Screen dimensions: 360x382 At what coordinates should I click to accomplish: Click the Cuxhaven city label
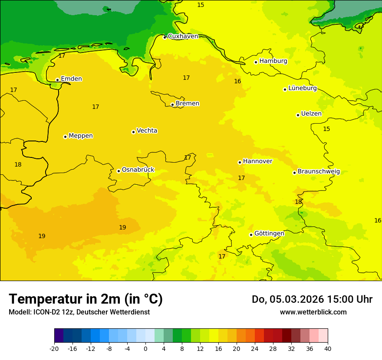click(183, 36)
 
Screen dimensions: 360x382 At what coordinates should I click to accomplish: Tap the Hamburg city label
click(273, 61)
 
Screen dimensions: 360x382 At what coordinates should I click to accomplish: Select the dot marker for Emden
click(57, 80)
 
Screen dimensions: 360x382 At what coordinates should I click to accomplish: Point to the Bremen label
click(188, 103)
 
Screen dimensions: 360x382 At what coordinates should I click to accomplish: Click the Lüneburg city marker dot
click(285, 89)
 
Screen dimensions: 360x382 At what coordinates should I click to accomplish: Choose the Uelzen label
click(311, 114)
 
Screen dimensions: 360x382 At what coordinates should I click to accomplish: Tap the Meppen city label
click(81, 136)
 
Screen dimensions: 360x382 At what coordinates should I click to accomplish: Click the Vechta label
click(147, 131)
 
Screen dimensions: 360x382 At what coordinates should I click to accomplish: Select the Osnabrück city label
click(138, 170)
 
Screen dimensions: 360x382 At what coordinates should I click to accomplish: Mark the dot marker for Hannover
click(240, 163)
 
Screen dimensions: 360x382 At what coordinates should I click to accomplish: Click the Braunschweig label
click(319, 171)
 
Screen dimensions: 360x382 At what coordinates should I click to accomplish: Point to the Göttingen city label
click(269, 233)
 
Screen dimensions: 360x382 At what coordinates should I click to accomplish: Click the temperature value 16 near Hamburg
click(237, 81)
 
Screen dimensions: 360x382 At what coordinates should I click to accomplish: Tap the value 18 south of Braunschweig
click(298, 202)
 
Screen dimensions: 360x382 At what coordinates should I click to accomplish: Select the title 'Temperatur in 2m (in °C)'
click(86, 299)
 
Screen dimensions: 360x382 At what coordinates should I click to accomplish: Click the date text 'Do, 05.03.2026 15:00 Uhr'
click(312, 299)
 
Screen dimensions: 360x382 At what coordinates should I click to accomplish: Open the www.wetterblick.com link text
click(313, 312)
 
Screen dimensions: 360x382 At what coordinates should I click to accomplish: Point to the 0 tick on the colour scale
click(145, 348)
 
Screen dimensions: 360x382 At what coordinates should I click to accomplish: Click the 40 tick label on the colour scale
click(328, 348)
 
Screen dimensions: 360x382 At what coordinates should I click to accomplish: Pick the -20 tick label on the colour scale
click(54, 348)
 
